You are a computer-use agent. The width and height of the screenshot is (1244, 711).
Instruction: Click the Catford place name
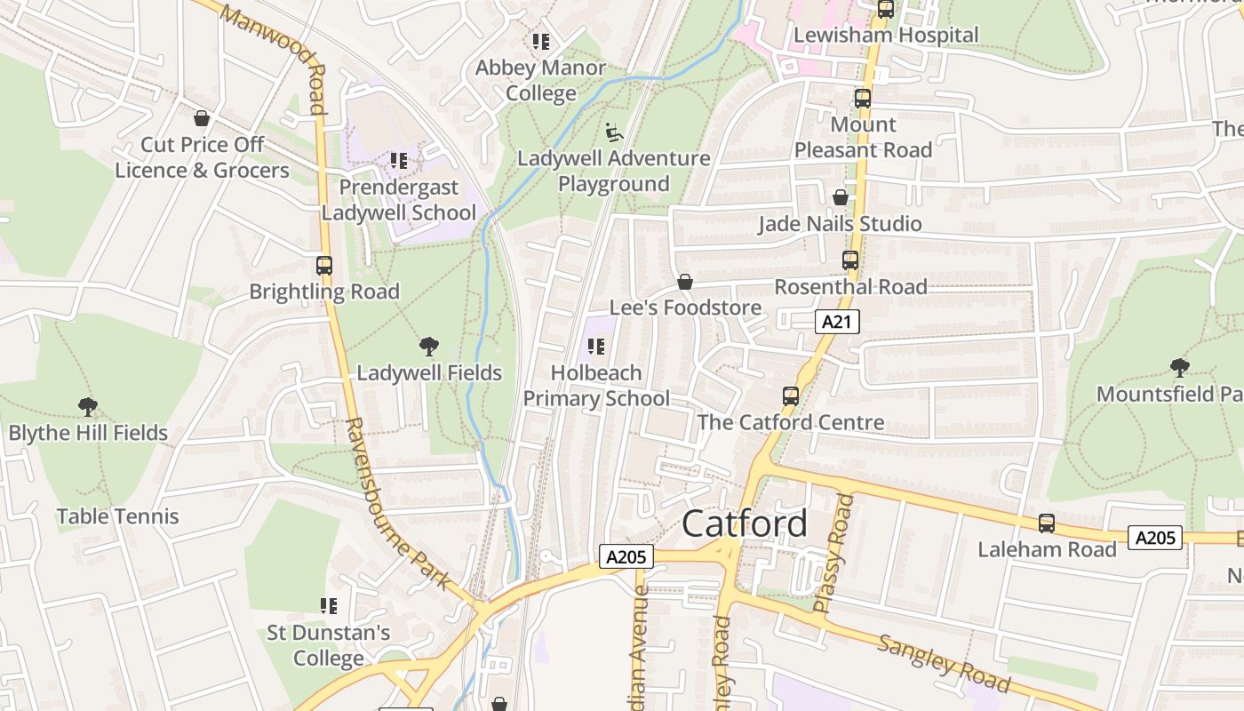745,524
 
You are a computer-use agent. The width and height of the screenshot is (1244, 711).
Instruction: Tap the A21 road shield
837,322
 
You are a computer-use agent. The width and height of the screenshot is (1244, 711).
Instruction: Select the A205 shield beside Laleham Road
1155,537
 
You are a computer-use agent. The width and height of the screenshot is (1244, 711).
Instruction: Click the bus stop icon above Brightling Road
324,265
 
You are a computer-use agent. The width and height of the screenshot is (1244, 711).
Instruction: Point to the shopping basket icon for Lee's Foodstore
685,282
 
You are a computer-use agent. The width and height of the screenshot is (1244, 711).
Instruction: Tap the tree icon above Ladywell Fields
428,347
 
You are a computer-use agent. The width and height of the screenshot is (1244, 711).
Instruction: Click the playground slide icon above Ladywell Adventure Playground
614,132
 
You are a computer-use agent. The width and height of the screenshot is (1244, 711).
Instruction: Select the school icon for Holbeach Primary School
596,347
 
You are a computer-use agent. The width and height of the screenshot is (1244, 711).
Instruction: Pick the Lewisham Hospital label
885,35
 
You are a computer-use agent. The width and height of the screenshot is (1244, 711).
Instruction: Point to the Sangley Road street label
943,663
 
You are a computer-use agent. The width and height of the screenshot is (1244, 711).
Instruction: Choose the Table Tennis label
117,516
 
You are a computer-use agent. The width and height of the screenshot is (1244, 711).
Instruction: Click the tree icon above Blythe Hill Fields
87,407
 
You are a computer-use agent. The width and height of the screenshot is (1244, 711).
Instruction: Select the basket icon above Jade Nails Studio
840,197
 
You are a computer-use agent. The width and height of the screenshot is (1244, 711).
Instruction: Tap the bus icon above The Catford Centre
790,395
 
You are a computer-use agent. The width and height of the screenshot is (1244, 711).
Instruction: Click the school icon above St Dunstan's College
329,606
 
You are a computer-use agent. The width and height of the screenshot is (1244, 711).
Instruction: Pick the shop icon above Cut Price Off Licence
202,118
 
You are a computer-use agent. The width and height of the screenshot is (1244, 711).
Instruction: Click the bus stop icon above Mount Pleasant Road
862,99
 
